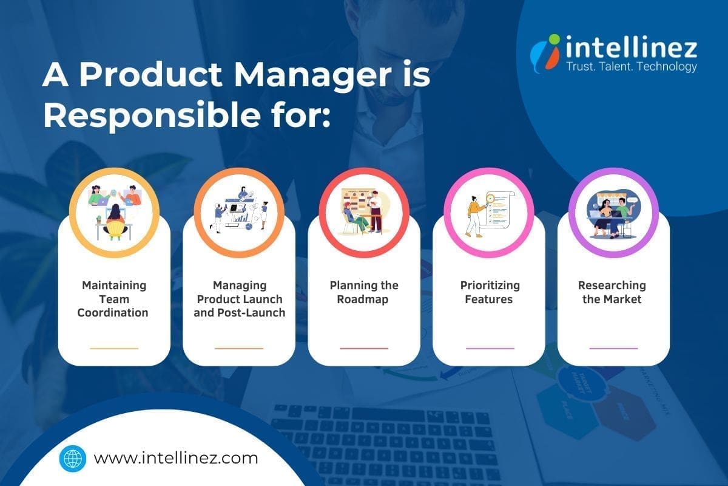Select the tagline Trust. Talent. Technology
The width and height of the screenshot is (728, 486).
click(631, 67)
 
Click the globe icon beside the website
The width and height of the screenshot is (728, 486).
click(73, 457)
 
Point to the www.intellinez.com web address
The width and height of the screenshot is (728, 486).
click(176, 457)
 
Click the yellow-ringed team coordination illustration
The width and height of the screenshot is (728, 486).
click(114, 211)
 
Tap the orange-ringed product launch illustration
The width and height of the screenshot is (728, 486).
click(239, 211)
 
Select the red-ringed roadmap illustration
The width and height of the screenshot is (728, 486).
click(364, 211)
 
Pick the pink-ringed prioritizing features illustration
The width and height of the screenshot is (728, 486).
click(489, 211)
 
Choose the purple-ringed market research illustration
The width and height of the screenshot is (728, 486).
click(613, 211)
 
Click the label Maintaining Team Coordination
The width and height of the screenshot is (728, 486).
click(114, 299)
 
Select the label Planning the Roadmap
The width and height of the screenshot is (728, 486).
click(364, 292)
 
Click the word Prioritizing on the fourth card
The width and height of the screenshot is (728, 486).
click(489, 285)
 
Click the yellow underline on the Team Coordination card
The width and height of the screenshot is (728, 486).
click(114, 348)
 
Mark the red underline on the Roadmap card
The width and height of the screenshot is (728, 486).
click(364, 348)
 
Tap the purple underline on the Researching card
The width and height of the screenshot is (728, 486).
click(613, 348)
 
